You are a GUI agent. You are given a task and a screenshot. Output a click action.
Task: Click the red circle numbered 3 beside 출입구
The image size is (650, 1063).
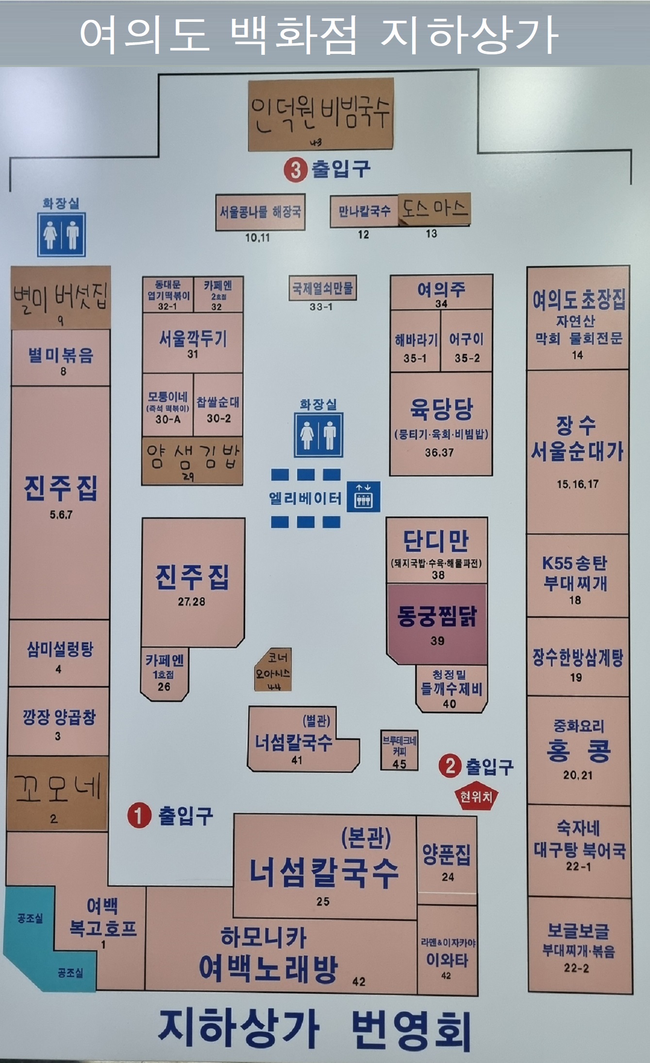[x=296, y=170]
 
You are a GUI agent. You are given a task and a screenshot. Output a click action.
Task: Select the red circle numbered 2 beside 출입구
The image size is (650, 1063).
[x=450, y=766]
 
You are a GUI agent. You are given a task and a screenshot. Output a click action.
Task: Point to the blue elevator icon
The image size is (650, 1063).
[x=363, y=497]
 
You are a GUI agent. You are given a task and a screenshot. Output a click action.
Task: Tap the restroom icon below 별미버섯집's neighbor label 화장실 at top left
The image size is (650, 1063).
[x=62, y=234]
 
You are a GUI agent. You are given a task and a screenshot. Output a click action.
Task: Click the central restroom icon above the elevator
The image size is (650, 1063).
[x=318, y=435]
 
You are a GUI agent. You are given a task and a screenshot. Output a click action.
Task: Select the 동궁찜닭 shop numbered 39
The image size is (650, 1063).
[x=437, y=623]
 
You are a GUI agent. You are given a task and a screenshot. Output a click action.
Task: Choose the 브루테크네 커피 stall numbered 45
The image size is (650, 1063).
[x=399, y=752]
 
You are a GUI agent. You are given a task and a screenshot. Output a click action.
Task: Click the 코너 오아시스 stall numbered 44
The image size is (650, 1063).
[x=273, y=670]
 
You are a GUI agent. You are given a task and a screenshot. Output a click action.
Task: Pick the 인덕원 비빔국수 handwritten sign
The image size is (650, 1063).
[x=321, y=114]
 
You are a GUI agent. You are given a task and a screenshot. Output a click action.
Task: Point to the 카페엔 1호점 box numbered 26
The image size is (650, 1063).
[x=164, y=673]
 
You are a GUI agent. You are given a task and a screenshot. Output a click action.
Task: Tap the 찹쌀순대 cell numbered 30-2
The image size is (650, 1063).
[x=218, y=409]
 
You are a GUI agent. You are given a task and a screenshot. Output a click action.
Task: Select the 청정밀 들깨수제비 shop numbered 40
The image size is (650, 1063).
[x=451, y=688]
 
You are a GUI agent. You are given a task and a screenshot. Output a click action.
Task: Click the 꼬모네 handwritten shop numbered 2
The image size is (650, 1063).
[x=57, y=793]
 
